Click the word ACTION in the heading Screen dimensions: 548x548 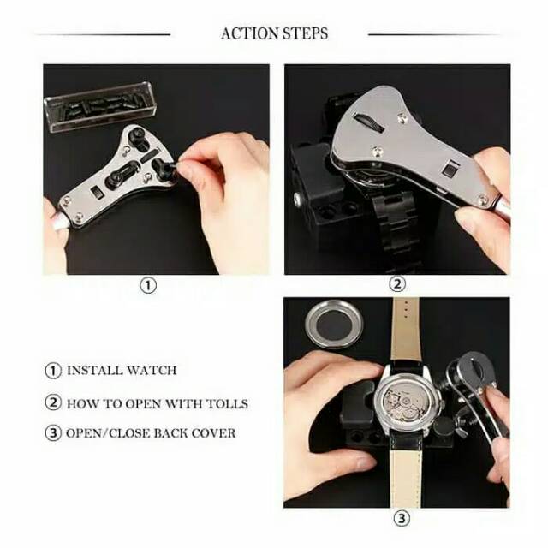click(247, 34)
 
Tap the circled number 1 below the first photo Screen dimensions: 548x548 click(148, 286)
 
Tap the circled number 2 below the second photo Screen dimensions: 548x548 click(396, 285)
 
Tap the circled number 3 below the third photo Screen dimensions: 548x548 click(402, 519)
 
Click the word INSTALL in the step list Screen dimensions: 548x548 click(97, 371)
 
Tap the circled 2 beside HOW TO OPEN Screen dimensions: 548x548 click(53, 403)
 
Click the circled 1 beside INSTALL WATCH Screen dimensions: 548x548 click(53, 371)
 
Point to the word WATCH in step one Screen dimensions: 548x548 click(152, 371)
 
